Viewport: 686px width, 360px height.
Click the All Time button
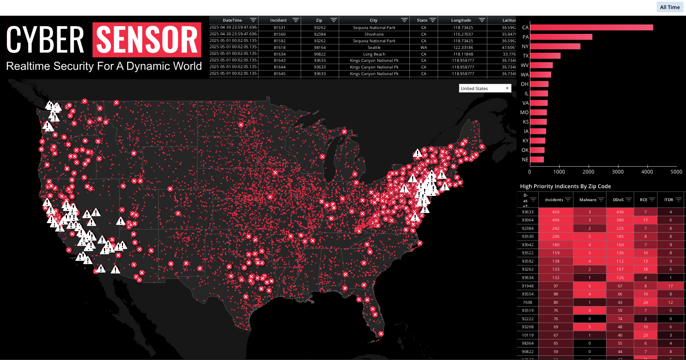[670, 7]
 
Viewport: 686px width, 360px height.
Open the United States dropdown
[485, 88]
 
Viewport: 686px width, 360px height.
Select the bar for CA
[591, 28]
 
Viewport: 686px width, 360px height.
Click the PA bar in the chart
[561, 37]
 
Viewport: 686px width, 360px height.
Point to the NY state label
[525, 46]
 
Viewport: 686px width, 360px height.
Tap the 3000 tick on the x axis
[618, 171]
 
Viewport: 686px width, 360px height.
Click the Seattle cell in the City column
[374, 47]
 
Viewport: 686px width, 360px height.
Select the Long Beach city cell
[374, 54]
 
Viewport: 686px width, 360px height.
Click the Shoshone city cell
[374, 34]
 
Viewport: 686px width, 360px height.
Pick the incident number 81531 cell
[279, 28]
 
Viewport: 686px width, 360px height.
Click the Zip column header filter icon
[334, 20]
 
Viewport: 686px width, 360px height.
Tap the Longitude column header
[461, 20]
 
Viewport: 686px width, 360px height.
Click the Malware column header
[588, 200]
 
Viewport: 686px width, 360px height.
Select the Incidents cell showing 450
[555, 212]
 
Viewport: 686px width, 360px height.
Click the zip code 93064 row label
[527, 220]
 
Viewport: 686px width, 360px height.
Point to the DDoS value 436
[620, 212]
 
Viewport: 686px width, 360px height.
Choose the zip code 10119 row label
[527, 335]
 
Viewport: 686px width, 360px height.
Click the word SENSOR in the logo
[147, 40]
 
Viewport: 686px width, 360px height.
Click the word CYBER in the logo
[45, 40]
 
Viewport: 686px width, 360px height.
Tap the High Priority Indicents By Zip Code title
[565, 186]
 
